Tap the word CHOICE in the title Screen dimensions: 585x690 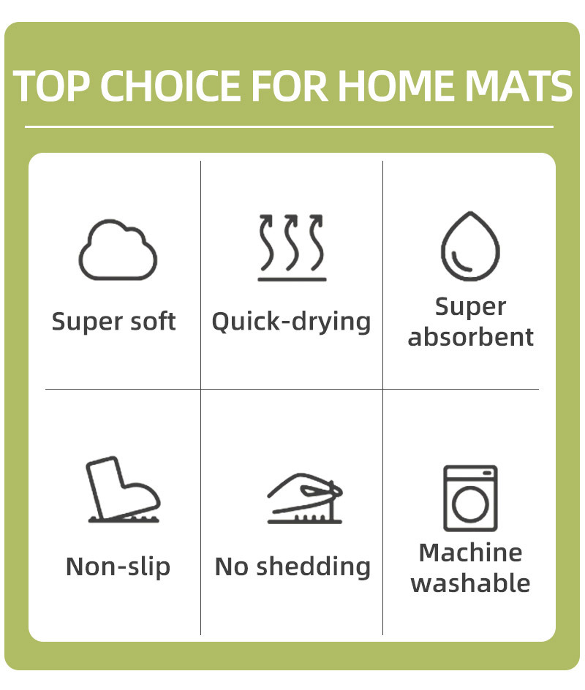173,86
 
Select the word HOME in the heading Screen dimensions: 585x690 398,86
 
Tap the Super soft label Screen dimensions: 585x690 113,321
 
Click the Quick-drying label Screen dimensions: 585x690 291,322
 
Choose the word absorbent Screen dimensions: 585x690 470,337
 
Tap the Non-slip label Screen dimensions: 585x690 118,566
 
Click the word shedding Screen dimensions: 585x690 314,566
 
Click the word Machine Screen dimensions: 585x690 470,553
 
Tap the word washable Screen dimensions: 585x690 470,583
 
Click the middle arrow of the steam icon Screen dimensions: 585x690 290,242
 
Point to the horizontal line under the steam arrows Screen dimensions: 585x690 292,279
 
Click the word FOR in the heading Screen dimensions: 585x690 290,86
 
